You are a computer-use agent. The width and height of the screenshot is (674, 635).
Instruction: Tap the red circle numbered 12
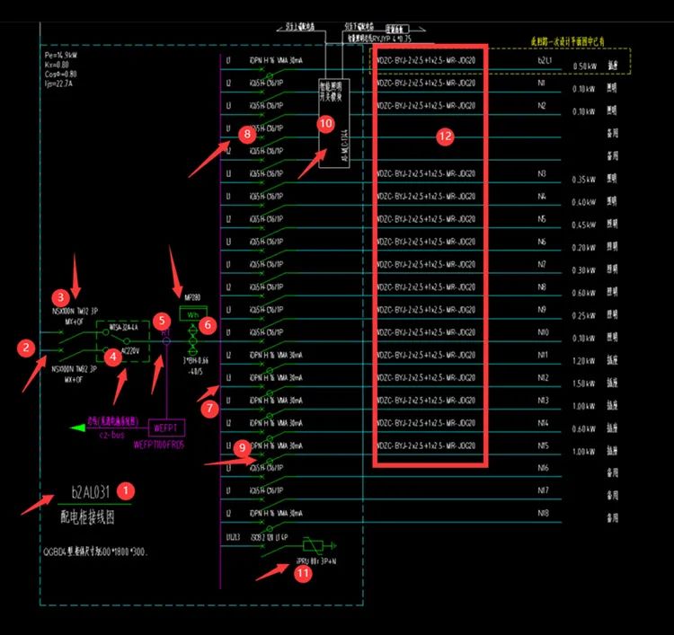pos(446,137)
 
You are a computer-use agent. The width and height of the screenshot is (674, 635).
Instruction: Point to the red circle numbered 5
pos(161,320)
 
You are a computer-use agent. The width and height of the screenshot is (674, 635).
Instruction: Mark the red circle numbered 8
pos(248,134)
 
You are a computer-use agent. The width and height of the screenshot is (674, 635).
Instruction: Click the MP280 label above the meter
pos(191,296)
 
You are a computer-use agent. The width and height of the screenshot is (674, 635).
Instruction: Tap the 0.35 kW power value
pos(584,180)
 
